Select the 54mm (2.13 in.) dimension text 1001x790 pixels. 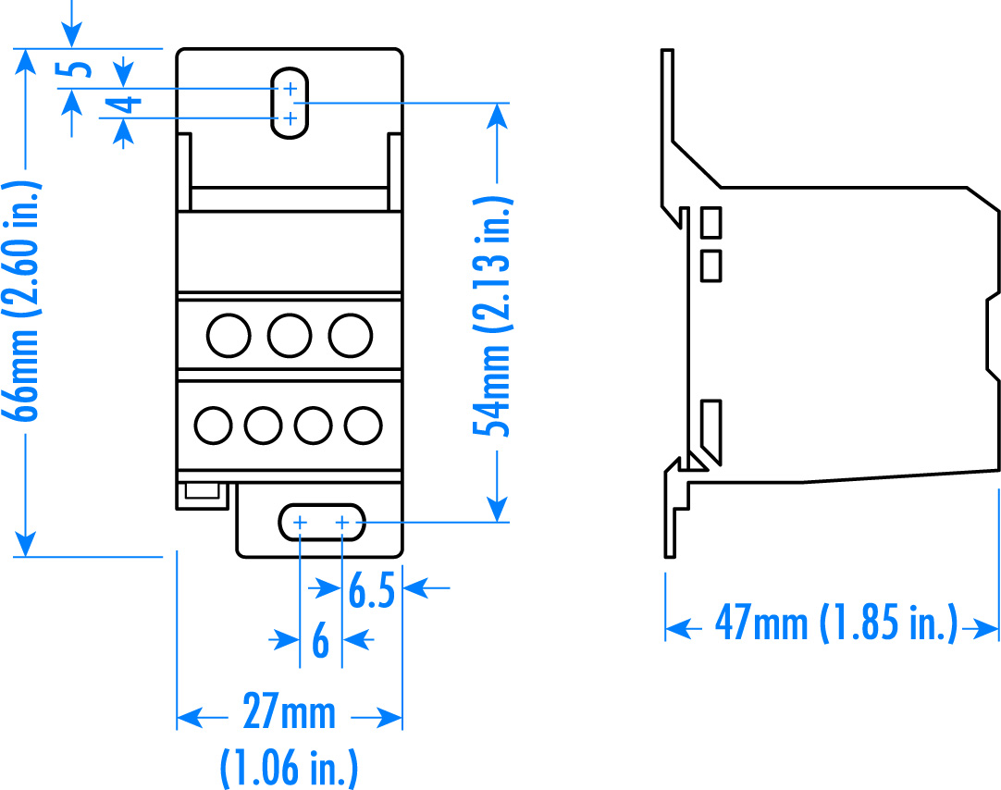click(x=493, y=315)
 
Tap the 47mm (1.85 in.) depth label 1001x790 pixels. click(x=834, y=625)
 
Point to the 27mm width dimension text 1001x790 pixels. click(x=289, y=715)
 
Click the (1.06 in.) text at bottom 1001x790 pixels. click(x=289, y=768)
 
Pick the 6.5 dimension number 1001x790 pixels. click(x=372, y=592)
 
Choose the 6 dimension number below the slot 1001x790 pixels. click(x=320, y=641)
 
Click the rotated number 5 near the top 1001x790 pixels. click(x=80, y=70)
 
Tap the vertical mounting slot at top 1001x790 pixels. click(x=290, y=103)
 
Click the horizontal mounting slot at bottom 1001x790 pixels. click(x=321, y=523)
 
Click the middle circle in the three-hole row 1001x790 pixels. click(x=290, y=335)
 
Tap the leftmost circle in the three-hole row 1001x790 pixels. click(x=229, y=335)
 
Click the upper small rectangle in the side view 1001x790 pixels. click(x=711, y=223)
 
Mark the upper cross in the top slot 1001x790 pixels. click(x=290, y=89)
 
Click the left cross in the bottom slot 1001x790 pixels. click(x=300, y=524)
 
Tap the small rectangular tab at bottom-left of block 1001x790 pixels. click(x=202, y=494)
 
